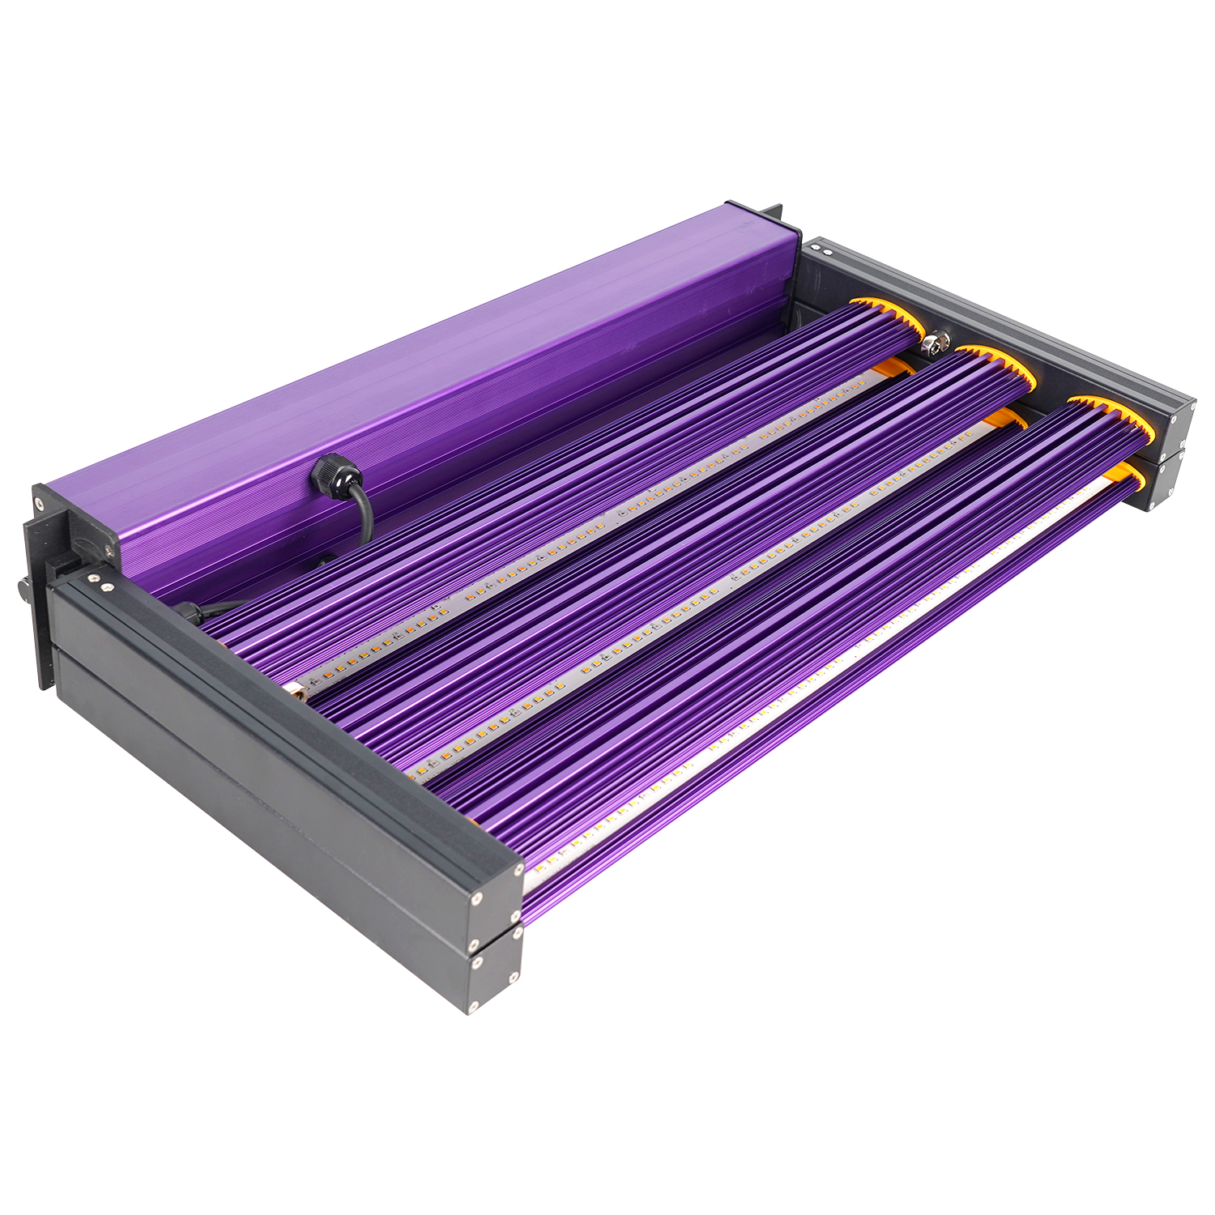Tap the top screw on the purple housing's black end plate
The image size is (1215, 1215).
click(38, 491)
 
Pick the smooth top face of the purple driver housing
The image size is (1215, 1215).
click(405, 348)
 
